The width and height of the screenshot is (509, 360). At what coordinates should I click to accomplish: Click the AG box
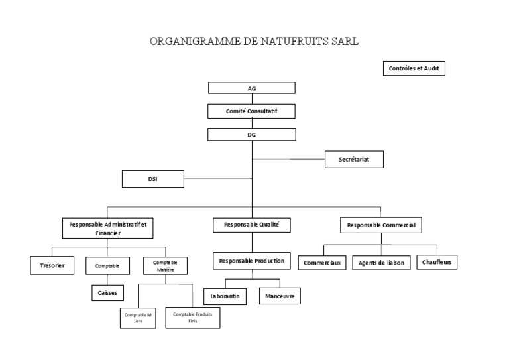252,88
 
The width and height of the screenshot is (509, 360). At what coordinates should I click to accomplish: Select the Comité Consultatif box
252,111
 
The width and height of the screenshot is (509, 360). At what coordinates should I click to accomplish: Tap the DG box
252,135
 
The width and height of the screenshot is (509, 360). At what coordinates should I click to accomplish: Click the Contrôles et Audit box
414,68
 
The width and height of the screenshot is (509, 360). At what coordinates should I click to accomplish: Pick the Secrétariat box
354,159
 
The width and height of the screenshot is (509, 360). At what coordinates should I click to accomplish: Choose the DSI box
153,179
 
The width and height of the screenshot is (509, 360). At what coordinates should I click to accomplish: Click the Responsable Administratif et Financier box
108,228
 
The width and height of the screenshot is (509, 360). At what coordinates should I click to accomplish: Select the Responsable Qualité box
252,225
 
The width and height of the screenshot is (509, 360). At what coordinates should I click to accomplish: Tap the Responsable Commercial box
381,225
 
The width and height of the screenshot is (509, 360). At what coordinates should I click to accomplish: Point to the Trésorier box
52,266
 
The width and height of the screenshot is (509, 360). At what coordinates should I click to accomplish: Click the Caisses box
108,293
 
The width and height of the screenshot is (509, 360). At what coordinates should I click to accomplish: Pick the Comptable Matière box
165,266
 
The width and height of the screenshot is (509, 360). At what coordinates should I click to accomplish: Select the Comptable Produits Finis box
193,318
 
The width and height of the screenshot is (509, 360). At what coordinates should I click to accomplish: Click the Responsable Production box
252,261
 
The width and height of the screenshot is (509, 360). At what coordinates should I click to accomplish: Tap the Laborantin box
225,296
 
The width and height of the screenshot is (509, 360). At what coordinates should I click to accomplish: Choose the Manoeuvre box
280,296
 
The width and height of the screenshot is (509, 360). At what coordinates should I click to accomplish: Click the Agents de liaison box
382,263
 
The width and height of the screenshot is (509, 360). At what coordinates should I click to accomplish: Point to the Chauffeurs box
437,262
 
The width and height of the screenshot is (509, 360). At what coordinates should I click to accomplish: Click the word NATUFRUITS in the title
294,41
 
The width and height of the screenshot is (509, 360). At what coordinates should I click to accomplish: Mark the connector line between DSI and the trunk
218,178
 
